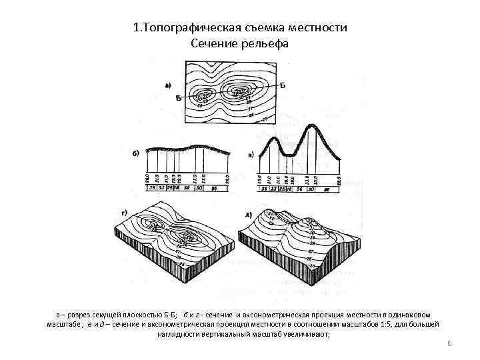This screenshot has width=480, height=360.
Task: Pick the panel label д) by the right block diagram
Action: point(249,214)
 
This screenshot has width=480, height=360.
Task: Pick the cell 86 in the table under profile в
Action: point(326,190)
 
